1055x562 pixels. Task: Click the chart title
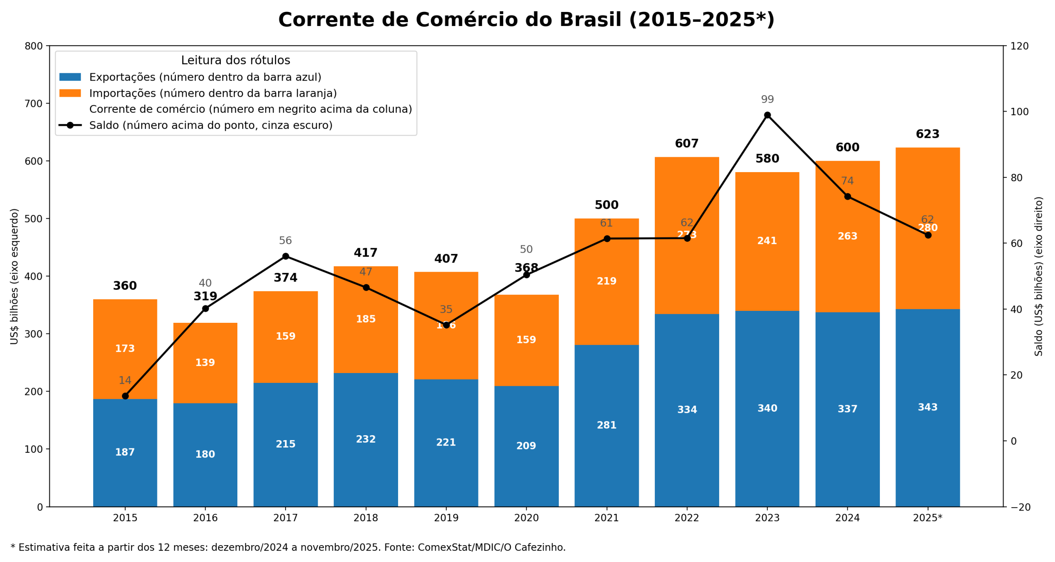pyautogui.click(x=526, y=20)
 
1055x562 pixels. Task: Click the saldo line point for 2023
pyautogui.click(x=767, y=115)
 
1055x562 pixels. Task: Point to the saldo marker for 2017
pyautogui.click(x=285, y=256)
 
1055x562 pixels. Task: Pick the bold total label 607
pyautogui.click(x=687, y=144)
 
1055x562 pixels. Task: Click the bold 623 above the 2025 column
pyautogui.click(x=927, y=134)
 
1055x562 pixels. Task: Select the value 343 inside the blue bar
pyautogui.click(x=927, y=407)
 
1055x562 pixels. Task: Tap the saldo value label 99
pyautogui.click(x=767, y=100)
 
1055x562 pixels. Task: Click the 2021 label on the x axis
pyautogui.click(x=606, y=518)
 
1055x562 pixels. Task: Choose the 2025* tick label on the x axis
pyautogui.click(x=927, y=518)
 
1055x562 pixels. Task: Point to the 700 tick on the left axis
pyautogui.click(x=34, y=104)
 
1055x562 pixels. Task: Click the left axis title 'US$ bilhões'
pyautogui.click(x=14, y=276)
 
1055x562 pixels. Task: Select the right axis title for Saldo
pyautogui.click(x=1039, y=276)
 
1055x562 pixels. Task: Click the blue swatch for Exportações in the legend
pyautogui.click(x=70, y=77)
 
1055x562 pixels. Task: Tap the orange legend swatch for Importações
pyautogui.click(x=70, y=93)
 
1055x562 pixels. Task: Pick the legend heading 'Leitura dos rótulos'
pyautogui.click(x=235, y=61)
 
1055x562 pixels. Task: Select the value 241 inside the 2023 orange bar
pyautogui.click(x=767, y=241)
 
